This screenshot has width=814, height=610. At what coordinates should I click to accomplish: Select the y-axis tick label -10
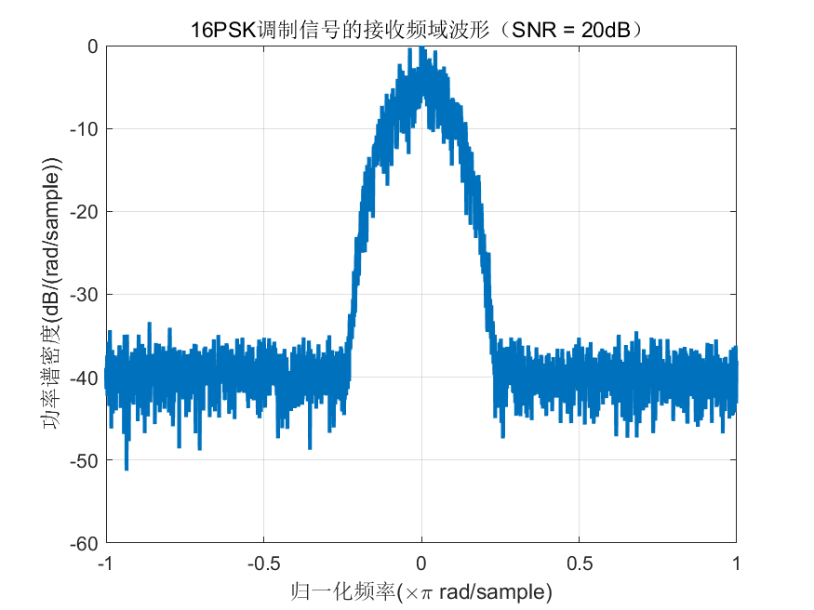click(86, 129)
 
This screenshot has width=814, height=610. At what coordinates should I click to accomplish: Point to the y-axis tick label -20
click(86, 212)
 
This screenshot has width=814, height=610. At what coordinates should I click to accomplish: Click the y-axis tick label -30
click(86, 295)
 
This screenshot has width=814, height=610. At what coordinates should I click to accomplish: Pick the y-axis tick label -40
click(86, 378)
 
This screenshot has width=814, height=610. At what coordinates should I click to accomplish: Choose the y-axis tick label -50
click(86, 460)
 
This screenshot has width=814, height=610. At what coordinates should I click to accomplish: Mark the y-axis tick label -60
click(86, 543)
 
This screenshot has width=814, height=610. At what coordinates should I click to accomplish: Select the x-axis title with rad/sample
click(421, 590)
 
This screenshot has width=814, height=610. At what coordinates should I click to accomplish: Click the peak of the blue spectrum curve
click(421, 48)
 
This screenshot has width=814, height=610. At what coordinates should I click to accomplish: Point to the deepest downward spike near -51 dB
click(127, 469)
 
